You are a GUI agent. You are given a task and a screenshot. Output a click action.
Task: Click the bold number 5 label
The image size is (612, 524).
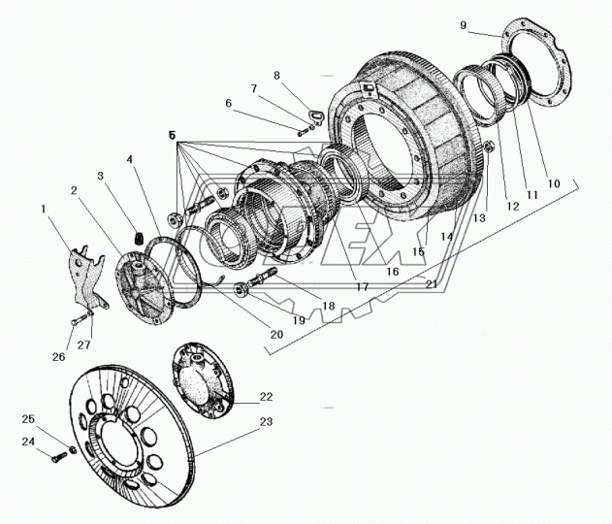[172, 138]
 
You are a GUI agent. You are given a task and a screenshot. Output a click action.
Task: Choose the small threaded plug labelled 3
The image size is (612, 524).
[138, 236]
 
